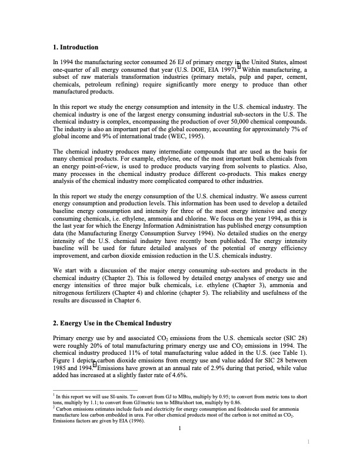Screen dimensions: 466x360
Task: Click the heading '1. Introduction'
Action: pyautogui.click(x=75, y=46)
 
